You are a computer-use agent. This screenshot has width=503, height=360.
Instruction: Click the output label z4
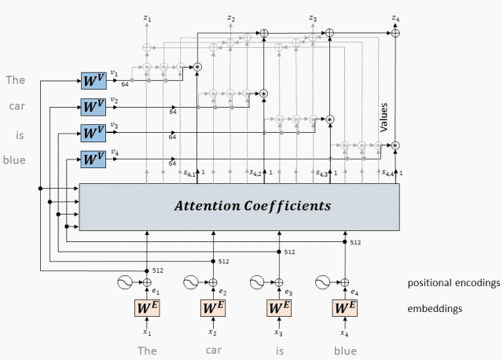[x=396, y=17]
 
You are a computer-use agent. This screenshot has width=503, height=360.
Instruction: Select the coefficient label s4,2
[x=255, y=173]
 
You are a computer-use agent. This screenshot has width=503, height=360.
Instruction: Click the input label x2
[x=213, y=333]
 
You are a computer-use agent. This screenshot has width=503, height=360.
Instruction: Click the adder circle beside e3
[x=278, y=281]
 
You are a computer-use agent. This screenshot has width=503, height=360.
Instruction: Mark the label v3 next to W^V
[x=115, y=125]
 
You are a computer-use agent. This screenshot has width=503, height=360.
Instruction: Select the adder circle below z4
[x=396, y=33]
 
